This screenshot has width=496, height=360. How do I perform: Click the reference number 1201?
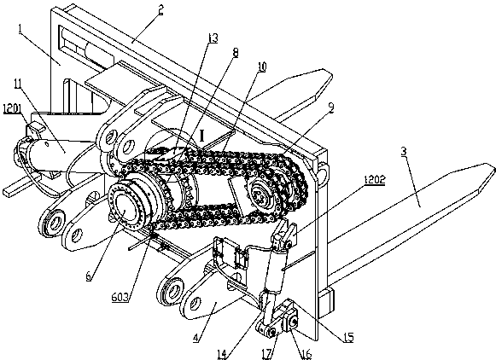click(x=13, y=109)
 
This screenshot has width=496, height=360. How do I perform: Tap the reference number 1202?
click(x=375, y=180)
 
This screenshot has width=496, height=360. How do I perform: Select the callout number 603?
click(x=120, y=297)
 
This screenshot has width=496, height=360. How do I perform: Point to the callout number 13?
click(x=213, y=38)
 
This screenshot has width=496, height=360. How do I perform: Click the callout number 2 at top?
click(x=161, y=10)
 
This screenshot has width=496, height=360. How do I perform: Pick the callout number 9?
click(x=331, y=108)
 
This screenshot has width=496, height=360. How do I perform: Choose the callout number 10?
click(x=262, y=67)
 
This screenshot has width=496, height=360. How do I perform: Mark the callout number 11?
click(x=18, y=84)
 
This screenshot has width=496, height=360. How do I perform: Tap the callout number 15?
click(x=348, y=337)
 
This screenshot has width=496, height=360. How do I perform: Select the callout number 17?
click(x=267, y=354)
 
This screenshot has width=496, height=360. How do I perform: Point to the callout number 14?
click(x=222, y=354)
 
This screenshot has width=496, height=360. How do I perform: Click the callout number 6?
click(x=89, y=276)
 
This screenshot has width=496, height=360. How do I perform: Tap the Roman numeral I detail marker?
click(x=202, y=136)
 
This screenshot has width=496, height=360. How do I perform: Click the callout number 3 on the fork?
click(x=403, y=151)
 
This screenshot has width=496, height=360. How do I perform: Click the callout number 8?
click(x=236, y=53)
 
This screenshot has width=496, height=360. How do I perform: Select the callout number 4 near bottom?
click(x=195, y=338)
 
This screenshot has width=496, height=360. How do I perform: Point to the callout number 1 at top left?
click(x=20, y=29)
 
